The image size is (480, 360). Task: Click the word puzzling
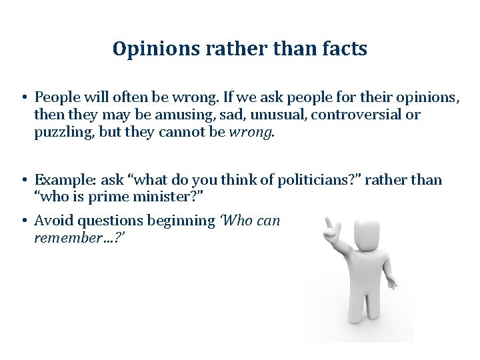[x=63, y=132]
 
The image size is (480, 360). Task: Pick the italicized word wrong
[x=251, y=132]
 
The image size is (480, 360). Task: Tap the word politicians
[x=297, y=180]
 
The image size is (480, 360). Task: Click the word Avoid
[x=53, y=220]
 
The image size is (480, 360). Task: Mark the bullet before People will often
[x=23, y=97]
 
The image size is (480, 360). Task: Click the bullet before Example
[x=23, y=180]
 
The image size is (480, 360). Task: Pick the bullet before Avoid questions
[x=23, y=220]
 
